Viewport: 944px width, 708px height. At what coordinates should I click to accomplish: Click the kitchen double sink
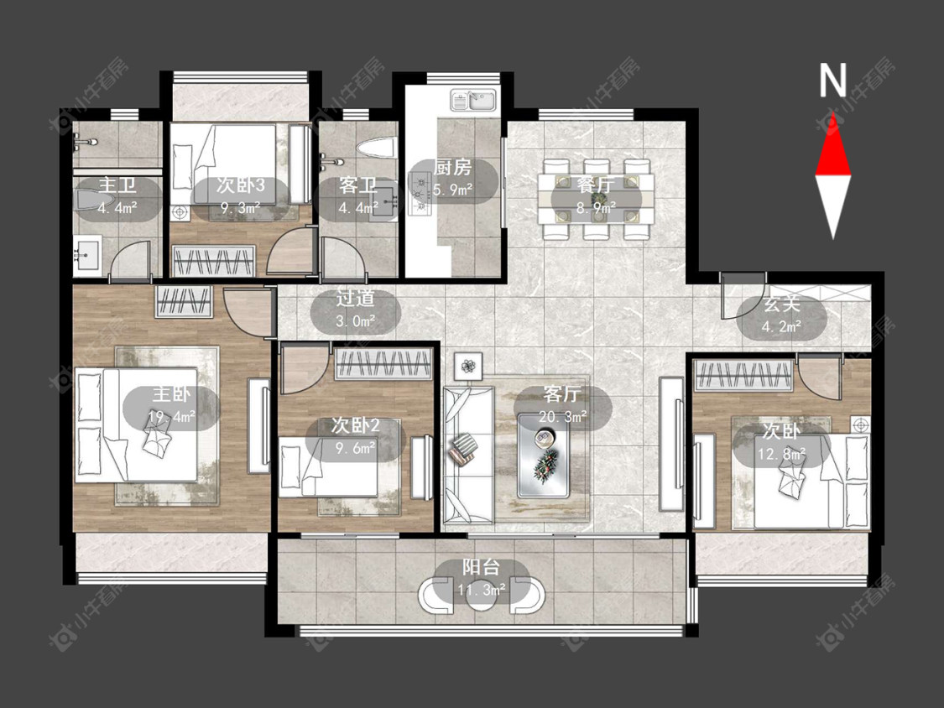pyautogui.click(x=474, y=101)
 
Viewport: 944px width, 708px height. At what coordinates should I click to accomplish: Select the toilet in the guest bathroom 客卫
pyautogui.click(x=375, y=147)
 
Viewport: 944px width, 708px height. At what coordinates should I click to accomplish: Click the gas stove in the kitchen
pyautogui.click(x=420, y=193)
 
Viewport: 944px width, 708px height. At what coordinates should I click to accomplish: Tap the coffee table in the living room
pyautogui.click(x=544, y=455)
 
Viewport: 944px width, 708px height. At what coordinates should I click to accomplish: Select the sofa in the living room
pyautogui.click(x=468, y=456)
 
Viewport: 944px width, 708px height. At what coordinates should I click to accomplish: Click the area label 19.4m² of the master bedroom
pyautogui.click(x=171, y=417)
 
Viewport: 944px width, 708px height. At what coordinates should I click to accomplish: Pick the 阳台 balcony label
pyautogui.click(x=481, y=567)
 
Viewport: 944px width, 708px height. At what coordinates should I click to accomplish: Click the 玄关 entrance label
pyautogui.click(x=781, y=304)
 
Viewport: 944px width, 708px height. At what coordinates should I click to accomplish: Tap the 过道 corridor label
pyautogui.click(x=355, y=298)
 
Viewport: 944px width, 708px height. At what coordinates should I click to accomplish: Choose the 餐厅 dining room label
pyautogui.click(x=596, y=185)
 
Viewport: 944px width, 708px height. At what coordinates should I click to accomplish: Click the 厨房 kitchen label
pyautogui.click(x=453, y=168)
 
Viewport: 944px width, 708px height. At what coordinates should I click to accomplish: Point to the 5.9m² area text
pyautogui.click(x=453, y=190)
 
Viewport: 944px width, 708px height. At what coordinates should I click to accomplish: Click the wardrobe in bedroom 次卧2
pyautogui.click(x=383, y=363)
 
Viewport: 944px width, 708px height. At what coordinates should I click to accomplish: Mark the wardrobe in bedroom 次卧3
pyautogui.click(x=213, y=261)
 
